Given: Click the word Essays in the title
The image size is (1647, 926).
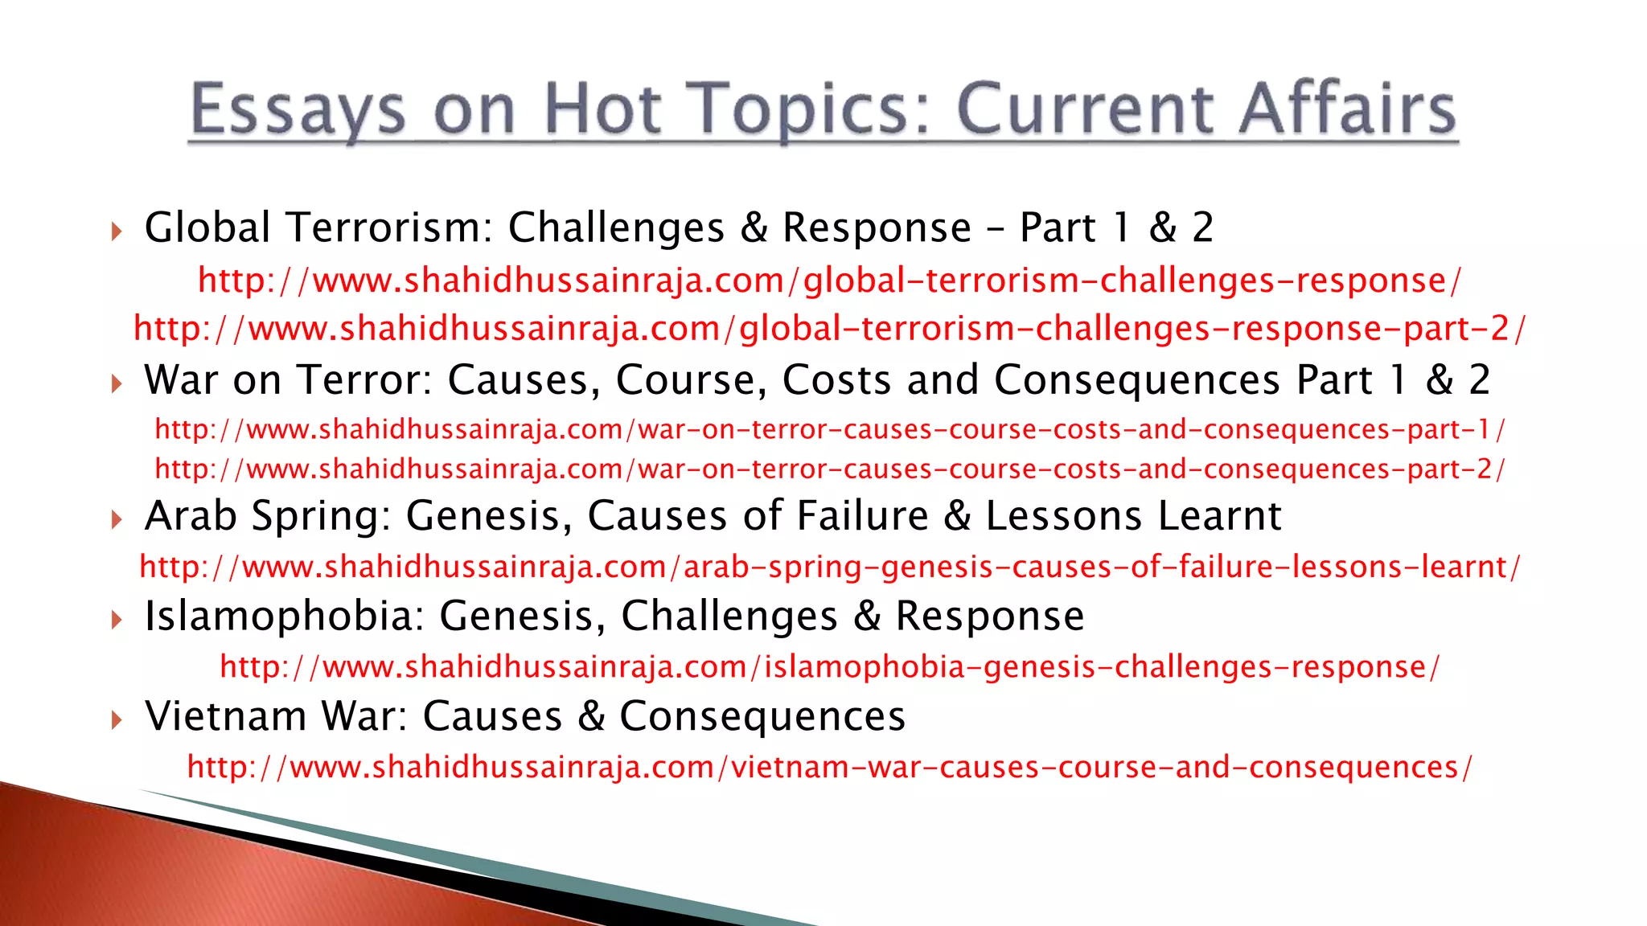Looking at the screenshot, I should coord(298,110).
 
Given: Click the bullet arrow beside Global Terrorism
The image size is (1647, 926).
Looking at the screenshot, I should coord(117,232).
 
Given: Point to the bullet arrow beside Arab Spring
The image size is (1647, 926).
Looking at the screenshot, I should coord(117,520).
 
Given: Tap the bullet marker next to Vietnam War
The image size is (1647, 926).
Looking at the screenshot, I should coord(117,720).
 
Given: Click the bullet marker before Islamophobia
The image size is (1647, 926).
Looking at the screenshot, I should coord(117,620).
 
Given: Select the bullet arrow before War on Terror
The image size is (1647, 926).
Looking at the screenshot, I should coord(117,384).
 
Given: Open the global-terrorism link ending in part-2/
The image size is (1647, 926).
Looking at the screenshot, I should coord(829,329).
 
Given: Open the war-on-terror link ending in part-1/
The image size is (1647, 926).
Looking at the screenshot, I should coord(829,429).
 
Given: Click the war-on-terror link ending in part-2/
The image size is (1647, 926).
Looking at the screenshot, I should coord(829,469).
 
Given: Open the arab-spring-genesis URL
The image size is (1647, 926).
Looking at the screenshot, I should coord(829,567).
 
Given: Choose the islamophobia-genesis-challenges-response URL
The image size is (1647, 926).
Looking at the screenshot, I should coord(829,667).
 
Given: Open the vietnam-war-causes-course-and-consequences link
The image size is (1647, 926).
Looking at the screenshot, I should coord(829,767).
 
